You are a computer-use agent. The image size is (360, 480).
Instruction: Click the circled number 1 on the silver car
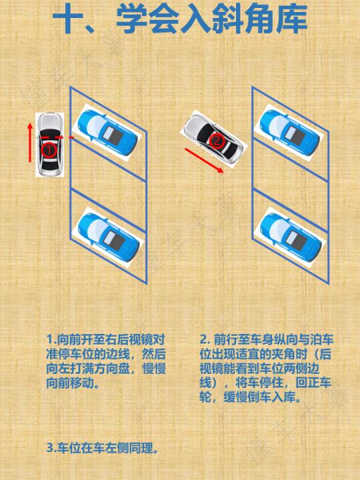49,150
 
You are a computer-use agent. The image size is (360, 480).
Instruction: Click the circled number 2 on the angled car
217,141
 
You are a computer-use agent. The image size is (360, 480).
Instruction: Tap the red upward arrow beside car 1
30,143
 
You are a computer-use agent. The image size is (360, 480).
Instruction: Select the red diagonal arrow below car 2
204,161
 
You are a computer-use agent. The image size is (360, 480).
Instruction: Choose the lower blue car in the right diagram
290,237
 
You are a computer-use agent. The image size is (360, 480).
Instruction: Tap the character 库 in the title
292,19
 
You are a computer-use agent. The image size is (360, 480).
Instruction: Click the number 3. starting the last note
51,448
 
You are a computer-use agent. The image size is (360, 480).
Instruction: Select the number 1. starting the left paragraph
51,339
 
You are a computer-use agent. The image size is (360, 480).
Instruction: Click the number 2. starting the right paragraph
205,339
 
